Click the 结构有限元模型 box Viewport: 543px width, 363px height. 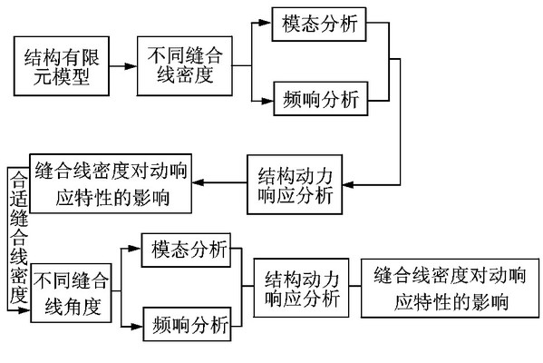62,66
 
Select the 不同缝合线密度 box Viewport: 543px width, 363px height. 185,66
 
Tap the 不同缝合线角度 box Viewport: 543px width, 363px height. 71,293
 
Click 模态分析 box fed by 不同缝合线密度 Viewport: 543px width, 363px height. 319,25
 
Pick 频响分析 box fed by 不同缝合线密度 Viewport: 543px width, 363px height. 321,99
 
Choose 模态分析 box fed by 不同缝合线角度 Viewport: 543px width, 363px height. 187,250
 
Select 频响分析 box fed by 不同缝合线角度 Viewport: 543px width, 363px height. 188,324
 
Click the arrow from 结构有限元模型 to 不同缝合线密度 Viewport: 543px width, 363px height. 123,66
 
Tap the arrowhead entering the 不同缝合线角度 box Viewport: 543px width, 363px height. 25,310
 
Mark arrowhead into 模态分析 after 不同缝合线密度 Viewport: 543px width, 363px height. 265,23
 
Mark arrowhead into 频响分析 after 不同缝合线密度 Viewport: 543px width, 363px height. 267,101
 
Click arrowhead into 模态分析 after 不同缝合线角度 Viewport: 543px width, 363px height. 135,249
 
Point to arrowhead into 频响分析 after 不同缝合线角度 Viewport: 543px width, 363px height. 137,326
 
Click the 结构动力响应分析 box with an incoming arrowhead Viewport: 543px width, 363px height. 295,184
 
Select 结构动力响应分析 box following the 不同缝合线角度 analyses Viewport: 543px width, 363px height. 301,288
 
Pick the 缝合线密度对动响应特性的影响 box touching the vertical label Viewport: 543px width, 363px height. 111,183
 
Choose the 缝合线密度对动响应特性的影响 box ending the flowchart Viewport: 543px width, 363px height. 451,288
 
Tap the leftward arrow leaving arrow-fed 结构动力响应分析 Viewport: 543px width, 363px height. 219,182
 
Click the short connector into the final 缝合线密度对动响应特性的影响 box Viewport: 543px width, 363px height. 355,286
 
